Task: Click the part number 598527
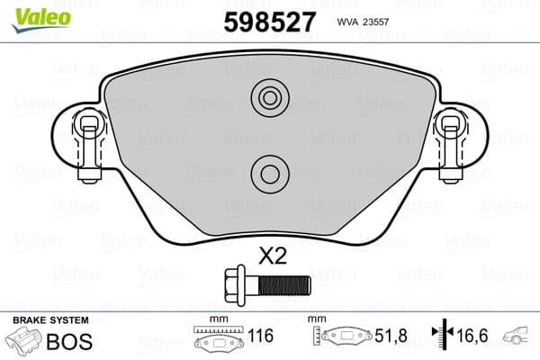point(270,22)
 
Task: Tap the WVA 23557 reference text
point(363,22)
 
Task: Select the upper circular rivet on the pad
point(270,98)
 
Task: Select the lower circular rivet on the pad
point(270,174)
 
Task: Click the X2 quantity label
point(273,256)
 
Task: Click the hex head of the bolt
point(235,285)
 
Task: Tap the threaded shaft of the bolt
point(284,285)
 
